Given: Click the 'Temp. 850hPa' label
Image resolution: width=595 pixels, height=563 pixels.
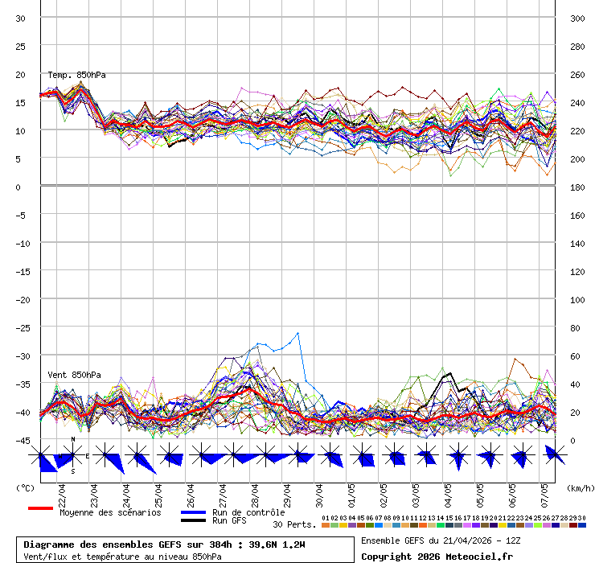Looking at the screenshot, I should click(76, 75).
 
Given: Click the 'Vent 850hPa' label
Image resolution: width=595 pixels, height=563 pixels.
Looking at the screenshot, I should click(68, 375).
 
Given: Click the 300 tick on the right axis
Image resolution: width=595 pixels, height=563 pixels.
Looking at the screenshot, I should click(577, 18).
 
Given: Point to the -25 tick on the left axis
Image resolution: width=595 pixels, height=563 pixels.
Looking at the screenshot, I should click(23, 327).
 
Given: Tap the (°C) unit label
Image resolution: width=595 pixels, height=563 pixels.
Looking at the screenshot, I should click(25, 487).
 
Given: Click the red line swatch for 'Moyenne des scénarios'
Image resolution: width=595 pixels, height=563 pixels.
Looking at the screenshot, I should click(40, 508).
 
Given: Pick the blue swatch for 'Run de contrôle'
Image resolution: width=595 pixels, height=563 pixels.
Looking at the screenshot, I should click(193, 512).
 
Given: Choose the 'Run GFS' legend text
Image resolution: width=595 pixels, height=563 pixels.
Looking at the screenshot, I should click(229, 520).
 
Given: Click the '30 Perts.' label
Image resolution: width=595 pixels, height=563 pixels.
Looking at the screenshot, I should click(294, 524).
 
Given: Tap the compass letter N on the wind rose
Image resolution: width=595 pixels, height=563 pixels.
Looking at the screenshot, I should click(73, 440).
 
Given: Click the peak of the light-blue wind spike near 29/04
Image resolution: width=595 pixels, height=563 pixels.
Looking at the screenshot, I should click(298, 333).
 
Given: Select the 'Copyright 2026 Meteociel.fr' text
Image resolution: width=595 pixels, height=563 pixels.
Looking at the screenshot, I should click(437, 556).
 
